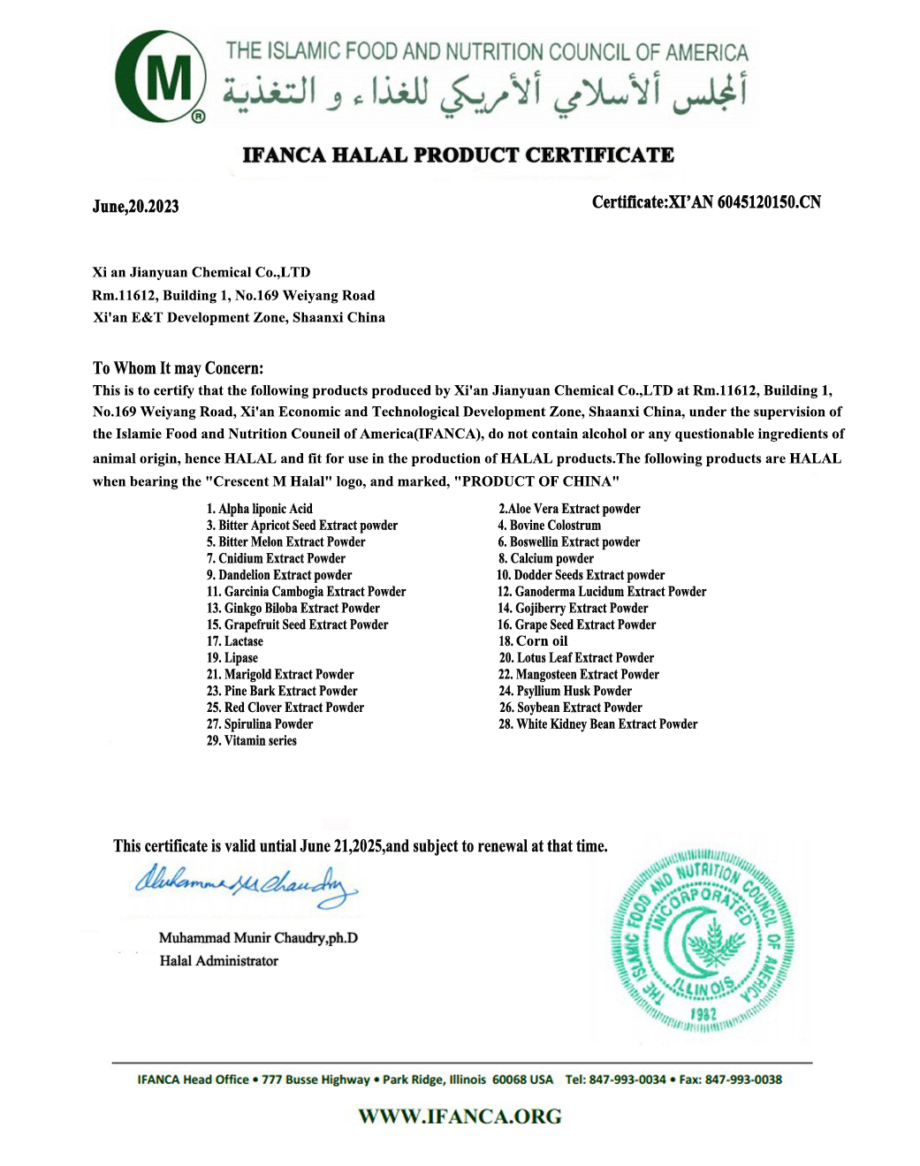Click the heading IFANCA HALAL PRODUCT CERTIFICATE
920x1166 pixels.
pos(458,155)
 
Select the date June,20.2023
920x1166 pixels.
pos(135,207)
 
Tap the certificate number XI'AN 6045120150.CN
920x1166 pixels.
pos(744,202)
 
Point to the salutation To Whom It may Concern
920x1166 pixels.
pos(178,368)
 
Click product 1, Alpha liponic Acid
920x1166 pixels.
pos(260,509)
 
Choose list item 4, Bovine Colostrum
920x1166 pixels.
pos(550,526)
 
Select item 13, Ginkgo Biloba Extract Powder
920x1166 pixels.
pos(293,609)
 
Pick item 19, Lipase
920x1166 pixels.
pos(232,658)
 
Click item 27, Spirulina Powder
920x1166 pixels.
pos(260,724)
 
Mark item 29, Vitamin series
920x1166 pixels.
pos(252,741)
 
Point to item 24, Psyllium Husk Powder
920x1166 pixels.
pos(566,692)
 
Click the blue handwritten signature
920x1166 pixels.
pos(246,884)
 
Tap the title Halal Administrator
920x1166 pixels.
pos(219,961)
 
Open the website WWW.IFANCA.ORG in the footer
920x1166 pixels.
pos(460,1117)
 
